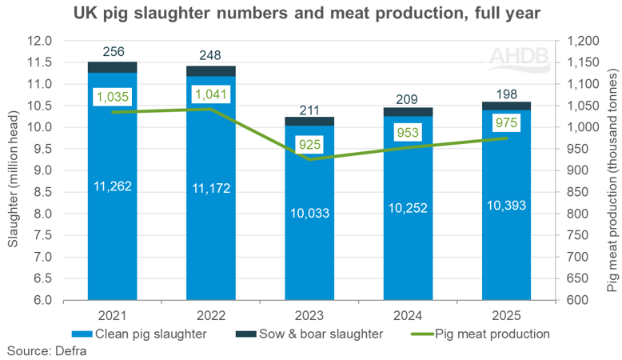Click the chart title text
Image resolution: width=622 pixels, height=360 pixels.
coord(310,14)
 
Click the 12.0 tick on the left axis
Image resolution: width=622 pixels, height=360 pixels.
coord(41,41)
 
